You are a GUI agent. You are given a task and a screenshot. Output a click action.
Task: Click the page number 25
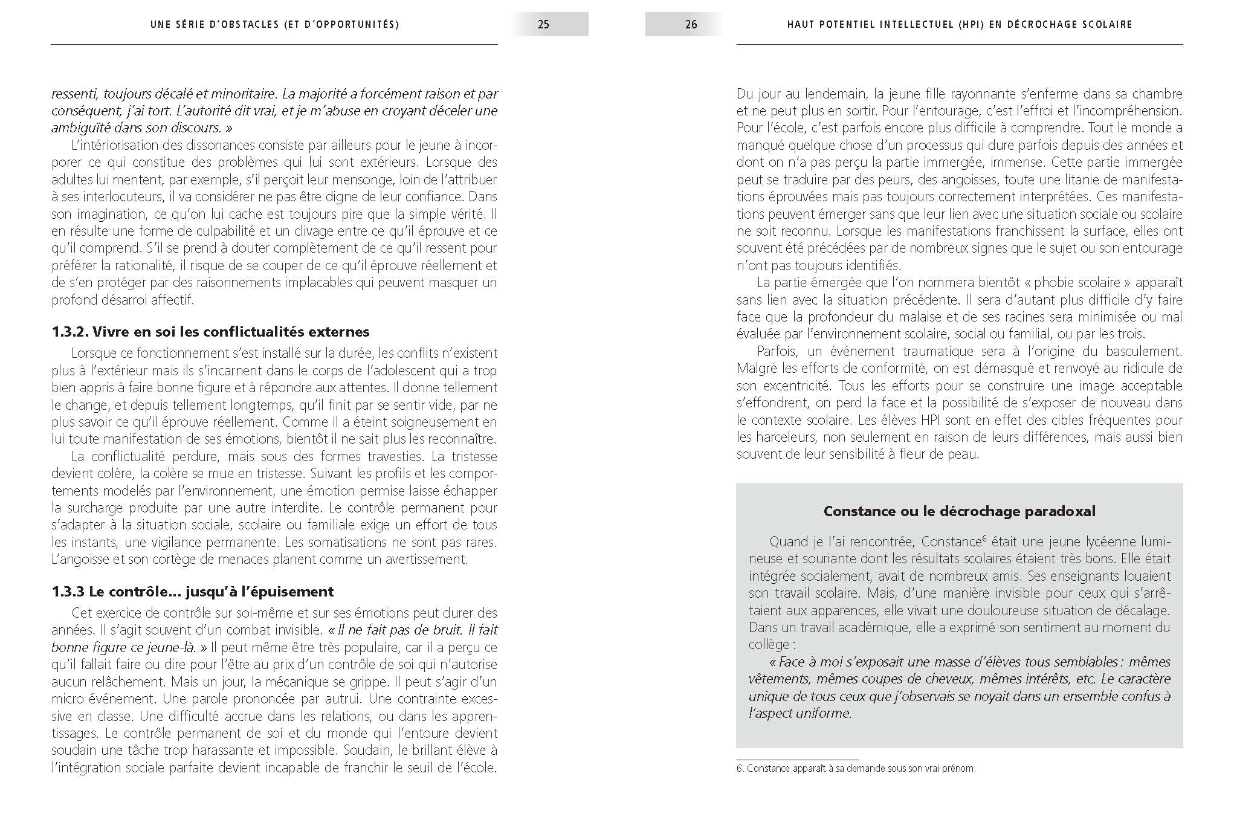[543, 25]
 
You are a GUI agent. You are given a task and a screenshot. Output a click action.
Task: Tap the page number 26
[691, 25]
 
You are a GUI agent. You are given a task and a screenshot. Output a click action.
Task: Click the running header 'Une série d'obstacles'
[274, 25]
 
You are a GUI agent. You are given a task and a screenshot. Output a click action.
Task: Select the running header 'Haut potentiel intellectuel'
[959, 25]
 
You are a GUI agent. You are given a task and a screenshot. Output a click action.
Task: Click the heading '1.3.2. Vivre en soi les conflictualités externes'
[210, 332]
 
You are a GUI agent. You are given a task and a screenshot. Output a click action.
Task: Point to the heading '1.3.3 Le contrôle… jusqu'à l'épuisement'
[192, 591]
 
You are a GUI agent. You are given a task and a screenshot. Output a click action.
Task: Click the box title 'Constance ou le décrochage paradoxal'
[959, 511]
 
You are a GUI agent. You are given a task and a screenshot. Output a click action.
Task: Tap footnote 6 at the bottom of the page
[856, 769]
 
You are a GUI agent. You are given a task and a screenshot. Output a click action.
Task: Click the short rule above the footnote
[797, 760]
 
